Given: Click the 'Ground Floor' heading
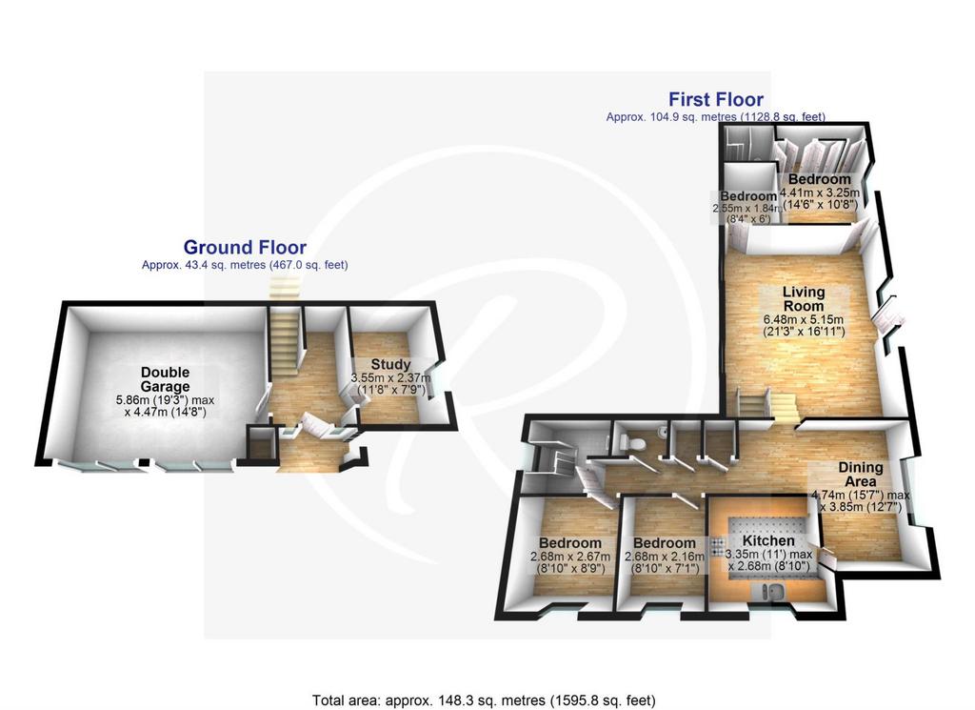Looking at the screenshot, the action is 245,248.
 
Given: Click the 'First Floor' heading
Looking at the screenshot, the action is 716,99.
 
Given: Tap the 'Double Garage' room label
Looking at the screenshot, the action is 165,379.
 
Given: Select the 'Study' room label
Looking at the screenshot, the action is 390,365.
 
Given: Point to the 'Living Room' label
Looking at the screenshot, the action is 804,298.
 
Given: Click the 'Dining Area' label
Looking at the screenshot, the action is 861,475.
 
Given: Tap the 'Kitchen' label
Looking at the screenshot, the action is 768,540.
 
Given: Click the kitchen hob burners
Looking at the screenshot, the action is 716,547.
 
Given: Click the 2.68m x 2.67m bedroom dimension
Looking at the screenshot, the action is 569,562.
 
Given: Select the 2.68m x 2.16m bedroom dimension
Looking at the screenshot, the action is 664,562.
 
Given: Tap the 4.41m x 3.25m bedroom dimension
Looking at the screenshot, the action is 820,198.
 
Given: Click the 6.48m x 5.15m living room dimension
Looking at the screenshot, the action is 804,325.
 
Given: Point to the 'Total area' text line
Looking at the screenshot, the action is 484,700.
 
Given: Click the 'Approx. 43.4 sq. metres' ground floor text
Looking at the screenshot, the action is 245,265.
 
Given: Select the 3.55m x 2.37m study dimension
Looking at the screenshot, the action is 390,384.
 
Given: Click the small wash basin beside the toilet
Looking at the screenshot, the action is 664,431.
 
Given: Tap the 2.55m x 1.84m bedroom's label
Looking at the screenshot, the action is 748,196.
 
